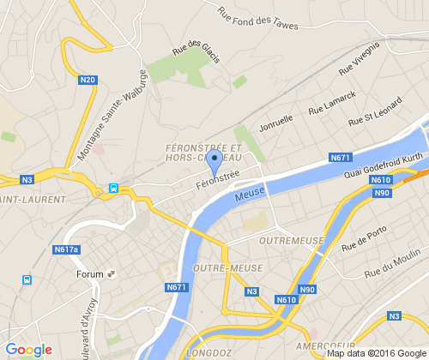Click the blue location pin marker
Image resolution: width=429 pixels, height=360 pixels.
(x=216, y=162)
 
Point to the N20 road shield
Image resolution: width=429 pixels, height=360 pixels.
(x=88, y=80)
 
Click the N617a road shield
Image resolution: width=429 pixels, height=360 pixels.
(x=66, y=249)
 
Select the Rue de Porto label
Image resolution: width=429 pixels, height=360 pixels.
(x=364, y=239)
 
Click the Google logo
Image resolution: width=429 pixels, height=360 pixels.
(x=28, y=350)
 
